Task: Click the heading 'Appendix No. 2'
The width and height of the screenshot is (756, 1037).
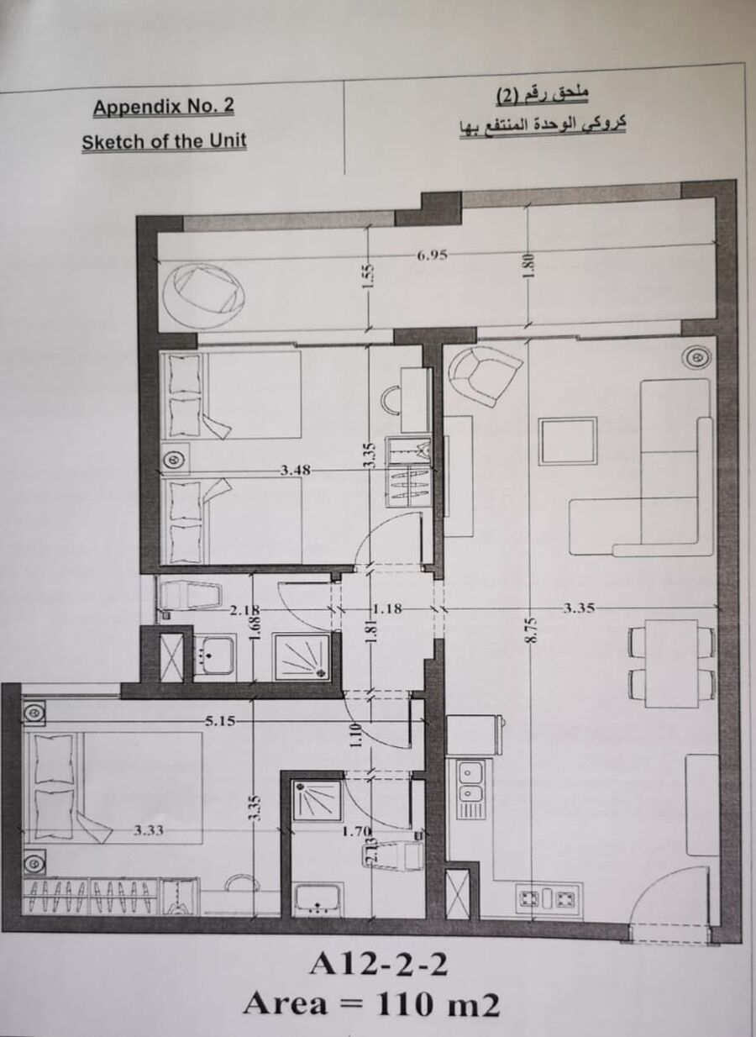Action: (164, 108)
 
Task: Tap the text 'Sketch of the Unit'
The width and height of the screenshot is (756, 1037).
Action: (164, 141)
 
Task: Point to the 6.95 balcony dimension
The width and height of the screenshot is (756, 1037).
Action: (432, 255)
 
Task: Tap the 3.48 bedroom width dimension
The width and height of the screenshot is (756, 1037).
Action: (295, 471)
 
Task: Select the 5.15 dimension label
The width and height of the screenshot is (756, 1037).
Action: (220, 721)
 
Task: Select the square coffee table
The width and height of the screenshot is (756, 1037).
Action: (567, 441)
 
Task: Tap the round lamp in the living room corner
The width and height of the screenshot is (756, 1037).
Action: (696, 357)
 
